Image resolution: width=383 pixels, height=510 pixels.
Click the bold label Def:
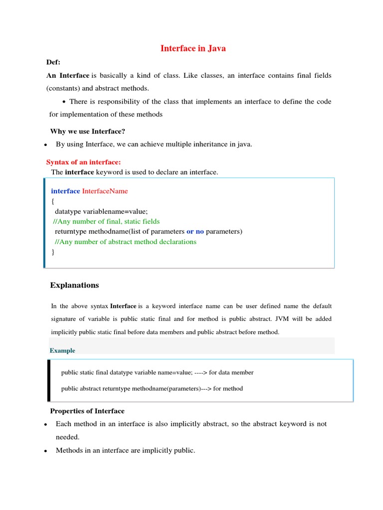53,62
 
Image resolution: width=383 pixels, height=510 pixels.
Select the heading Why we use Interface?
87,131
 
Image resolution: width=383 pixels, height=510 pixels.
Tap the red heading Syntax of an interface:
84,162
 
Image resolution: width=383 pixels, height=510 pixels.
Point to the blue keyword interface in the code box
65,191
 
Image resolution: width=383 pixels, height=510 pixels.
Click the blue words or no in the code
195,232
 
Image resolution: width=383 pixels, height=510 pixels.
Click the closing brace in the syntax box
53,252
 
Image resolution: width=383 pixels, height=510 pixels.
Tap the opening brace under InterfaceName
53,201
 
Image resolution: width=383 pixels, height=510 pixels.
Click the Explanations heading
75,285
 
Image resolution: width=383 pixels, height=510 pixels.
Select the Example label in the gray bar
62,351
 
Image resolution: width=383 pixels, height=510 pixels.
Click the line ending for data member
157,373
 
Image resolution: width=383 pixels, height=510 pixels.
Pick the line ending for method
152,388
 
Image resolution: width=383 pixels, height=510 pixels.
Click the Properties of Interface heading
87,411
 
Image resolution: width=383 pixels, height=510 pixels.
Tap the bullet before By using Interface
45,145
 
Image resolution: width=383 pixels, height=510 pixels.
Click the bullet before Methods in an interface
45,451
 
